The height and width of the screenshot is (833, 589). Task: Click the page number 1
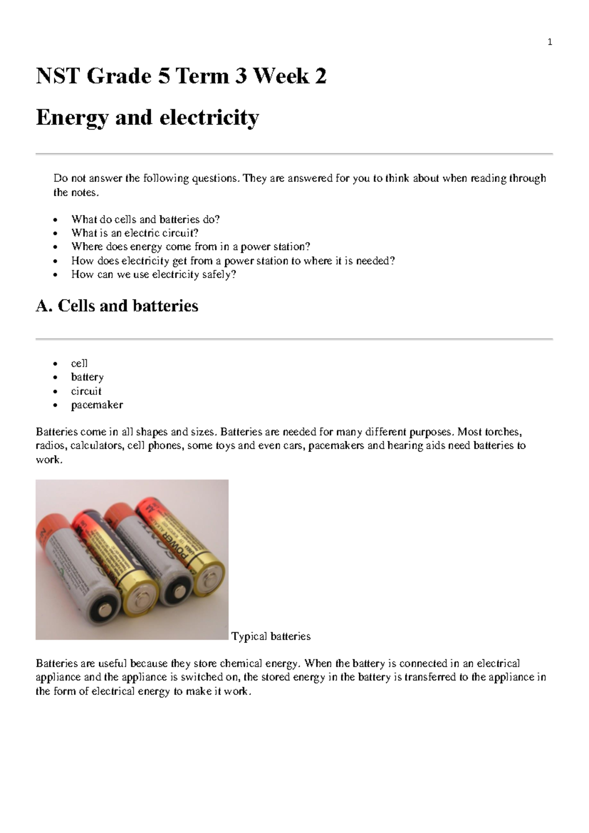pyautogui.click(x=550, y=42)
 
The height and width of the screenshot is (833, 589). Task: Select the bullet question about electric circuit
pyautogui.click(x=134, y=233)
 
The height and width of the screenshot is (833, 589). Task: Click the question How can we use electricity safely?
pyautogui.click(x=153, y=274)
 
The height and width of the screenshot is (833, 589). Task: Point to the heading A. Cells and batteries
pyautogui.click(x=117, y=305)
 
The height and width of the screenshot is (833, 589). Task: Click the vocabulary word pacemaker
pyautogui.click(x=97, y=405)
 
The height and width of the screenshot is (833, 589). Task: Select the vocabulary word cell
pyautogui.click(x=79, y=363)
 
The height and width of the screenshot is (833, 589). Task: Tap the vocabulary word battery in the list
pyautogui.click(x=87, y=377)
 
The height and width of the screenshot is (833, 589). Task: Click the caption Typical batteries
pyautogui.click(x=271, y=636)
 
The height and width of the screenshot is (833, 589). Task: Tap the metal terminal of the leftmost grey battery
pyautogui.click(x=105, y=609)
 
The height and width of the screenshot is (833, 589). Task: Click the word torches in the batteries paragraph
pyautogui.click(x=503, y=432)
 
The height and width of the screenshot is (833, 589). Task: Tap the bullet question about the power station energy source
pyautogui.click(x=190, y=247)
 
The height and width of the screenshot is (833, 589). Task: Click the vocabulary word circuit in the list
pyautogui.click(x=86, y=391)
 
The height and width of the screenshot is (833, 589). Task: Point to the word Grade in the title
pyautogui.click(x=119, y=76)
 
